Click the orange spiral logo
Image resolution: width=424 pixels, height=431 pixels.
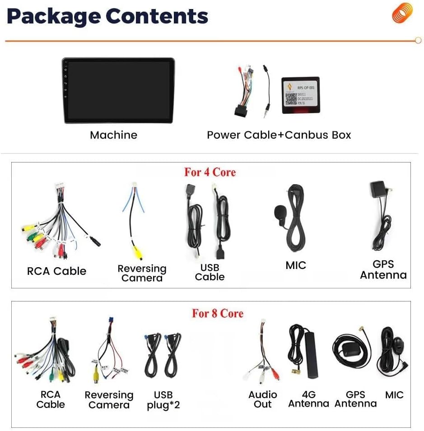pyautogui.click(x=402, y=13)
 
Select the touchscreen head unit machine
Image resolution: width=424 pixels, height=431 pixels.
pyautogui.click(x=118, y=90)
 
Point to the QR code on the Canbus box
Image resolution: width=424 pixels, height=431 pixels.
pyautogui.click(x=291, y=99)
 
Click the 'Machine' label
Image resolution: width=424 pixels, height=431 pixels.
pyautogui.click(x=113, y=135)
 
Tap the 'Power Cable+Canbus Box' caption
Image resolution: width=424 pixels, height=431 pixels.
pyautogui.click(x=279, y=135)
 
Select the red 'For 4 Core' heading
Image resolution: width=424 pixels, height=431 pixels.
pyautogui.click(x=210, y=172)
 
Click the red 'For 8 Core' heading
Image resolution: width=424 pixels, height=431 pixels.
pyautogui.click(x=218, y=313)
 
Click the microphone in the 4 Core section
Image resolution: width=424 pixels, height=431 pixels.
pyautogui.click(x=280, y=214)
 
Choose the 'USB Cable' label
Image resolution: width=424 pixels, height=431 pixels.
pyautogui.click(x=210, y=272)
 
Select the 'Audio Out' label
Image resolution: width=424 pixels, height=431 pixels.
pyautogui.click(x=262, y=399)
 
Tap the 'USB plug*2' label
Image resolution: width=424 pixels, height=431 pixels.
pyautogui.click(x=163, y=400)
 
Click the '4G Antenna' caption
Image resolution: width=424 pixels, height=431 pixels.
pyautogui.click(x=308, y=399)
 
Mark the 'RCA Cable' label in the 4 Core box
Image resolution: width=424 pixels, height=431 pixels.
pyautogui.click(x=56, y=271)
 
